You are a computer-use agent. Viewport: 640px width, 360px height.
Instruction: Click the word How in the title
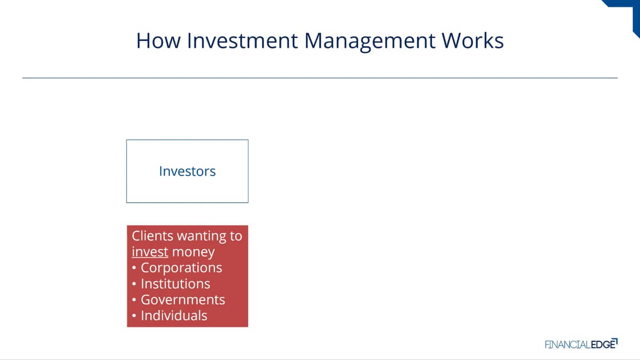tap(158, 41)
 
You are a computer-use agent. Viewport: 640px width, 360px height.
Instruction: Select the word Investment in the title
tap(242, 41)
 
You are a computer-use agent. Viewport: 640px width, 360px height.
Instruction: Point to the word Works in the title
tap(473, 41)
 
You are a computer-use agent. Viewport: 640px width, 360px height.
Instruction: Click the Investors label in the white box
tap(187, 171)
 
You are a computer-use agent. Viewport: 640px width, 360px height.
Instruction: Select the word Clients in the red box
tap(153, 236)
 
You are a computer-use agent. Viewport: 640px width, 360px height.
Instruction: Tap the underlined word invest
tap(150, 252)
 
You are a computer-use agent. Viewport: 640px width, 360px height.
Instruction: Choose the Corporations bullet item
tap(181, 268)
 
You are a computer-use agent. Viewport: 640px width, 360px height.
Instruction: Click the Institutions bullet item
tap(175, 284)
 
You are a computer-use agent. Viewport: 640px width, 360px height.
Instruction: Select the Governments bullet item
tap(183, 300)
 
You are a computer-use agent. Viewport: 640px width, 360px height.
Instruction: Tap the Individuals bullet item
tap(174, 316)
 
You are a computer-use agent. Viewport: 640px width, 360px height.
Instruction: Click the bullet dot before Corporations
tap(134, 268)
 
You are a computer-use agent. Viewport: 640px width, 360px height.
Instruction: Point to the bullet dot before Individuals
tap(134, 316)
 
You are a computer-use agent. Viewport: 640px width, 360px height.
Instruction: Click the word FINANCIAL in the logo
tap(567, 345)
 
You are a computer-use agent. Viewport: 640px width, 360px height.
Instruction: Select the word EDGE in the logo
tap(603, 345)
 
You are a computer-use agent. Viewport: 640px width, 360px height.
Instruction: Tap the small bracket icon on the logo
tap(615, 341)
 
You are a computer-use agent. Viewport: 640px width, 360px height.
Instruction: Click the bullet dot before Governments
tap(134, 300)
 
